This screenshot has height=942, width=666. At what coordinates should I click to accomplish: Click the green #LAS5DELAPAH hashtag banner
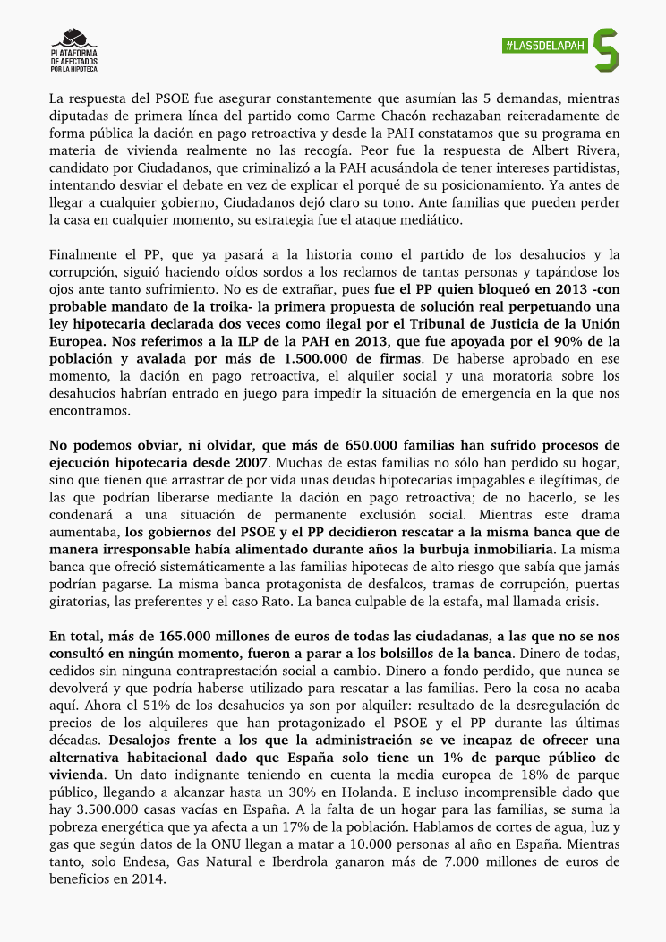[543, 46]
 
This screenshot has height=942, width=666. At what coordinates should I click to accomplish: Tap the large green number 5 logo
[607, 50]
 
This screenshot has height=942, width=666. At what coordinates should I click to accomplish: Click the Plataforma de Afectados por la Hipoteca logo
[74, 51]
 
